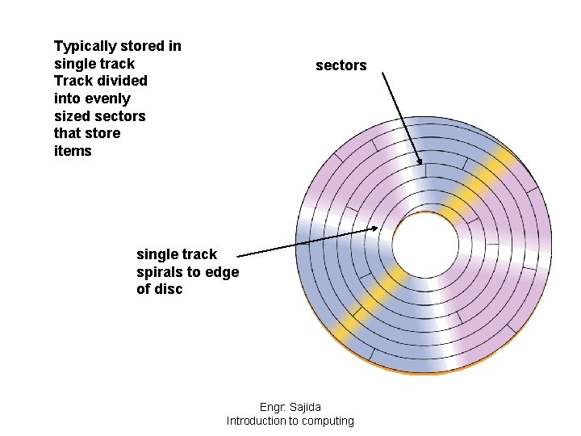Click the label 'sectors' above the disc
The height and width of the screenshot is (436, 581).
pyautogui.click(x=341, y=65)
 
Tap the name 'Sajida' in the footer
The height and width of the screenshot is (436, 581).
pyautogui.click(x=303, y=407)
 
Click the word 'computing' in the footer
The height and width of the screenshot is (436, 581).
pyautogui.click(x=323, y=421)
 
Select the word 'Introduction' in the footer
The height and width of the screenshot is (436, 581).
pyautogui.click(x=256, y=421)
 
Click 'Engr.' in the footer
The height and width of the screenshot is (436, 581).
pyautogui.click(x=273, y=407)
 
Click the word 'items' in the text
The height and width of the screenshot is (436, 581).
pyautogui.click(x=73, y=151)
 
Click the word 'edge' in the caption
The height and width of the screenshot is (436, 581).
pyautogui.click(x=222, y=272)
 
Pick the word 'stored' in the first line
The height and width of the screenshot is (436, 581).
pyautogui.click(x=142, y=46)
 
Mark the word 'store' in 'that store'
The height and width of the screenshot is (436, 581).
pyautogui.click(x=102, y=133)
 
